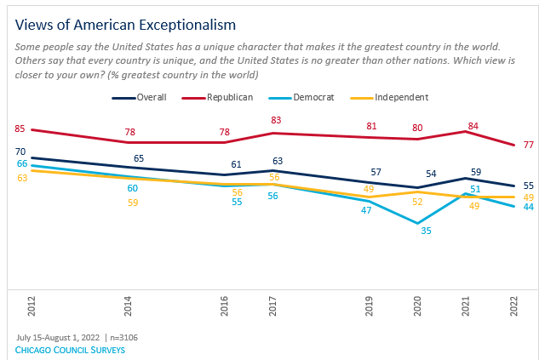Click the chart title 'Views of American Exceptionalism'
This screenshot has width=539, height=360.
click(126, 24)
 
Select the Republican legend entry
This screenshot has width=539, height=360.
click(226, 98)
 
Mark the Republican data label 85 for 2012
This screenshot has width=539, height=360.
click(20, 129)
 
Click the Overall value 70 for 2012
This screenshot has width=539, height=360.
click(20, 151)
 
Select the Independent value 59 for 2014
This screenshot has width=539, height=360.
click(133, 203)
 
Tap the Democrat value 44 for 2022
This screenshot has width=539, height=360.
click(528, 207)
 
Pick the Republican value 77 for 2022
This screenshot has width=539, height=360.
click(528, 146)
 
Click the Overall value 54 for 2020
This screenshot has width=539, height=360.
click(431, 174)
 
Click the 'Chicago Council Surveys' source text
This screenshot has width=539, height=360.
click(71, 349)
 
